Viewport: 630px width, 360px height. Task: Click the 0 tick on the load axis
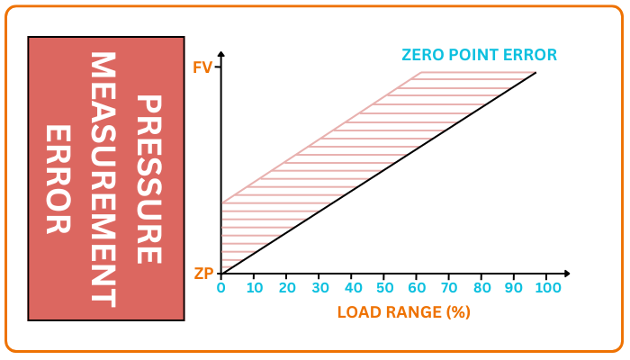(x=221, y=288)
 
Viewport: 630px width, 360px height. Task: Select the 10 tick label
(x=254, y=288)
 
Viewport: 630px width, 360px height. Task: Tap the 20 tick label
(x=287, y=288)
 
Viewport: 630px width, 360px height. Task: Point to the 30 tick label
(x=319, y=288)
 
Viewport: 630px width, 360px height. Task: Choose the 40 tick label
(x=352, y=288)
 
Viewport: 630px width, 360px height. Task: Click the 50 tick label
(x=384, y=288)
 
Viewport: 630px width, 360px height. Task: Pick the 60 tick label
(x=417, y=288)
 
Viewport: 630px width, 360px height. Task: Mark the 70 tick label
(x=449, y=288)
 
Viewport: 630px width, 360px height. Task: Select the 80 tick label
(x=481, y=288)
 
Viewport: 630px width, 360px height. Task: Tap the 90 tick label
(x=514, y=288)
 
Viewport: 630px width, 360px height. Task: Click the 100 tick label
(x=548, y=288)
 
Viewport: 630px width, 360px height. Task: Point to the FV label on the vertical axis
(x=202, y=67)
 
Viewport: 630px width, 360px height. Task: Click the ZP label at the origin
(x=203, y=274)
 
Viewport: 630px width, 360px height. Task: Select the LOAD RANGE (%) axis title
(x=404, y=313)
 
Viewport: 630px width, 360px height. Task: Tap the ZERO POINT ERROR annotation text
(x=480, y=55)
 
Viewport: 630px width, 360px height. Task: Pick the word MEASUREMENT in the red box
(x=103, y=179)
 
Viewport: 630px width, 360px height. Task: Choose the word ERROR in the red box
(x=58, y=179)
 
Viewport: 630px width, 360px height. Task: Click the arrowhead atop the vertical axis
(x=221, y=56)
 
